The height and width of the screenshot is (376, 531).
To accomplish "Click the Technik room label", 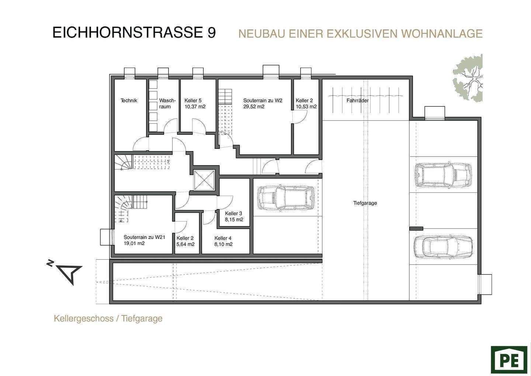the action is pos(129,100).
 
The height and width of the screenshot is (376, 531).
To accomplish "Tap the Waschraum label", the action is pos(167,103).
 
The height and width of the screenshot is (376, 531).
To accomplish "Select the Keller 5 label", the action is pos(193,100).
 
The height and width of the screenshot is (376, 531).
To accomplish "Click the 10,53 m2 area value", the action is pos(306,107).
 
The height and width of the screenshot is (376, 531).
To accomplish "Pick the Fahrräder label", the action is pos(357,100).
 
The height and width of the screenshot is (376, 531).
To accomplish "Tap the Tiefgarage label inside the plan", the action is pos(365,203).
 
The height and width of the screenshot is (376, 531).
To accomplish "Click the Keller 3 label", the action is pos(233,213).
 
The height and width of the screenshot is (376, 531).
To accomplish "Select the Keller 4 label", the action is pos(223,238).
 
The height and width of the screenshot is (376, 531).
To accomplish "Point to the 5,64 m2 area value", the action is pos(185,244).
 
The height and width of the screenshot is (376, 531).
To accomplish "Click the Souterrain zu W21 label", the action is pos(145,237).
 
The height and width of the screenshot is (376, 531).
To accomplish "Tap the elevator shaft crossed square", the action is pos(204,180).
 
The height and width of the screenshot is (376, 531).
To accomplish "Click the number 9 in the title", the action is pos(212,33).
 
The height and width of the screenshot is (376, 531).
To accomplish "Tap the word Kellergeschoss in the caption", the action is pos(84,318).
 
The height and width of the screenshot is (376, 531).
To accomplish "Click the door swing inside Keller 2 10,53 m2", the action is pos(300,117).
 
